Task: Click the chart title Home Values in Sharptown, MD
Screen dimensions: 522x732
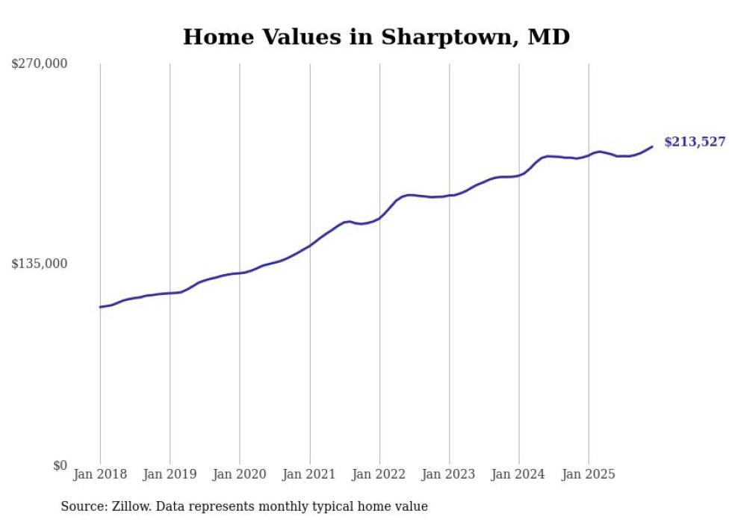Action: tap(376, 37)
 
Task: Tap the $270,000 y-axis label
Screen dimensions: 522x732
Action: tap(40, 64)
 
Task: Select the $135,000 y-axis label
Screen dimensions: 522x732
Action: tap(40, 264)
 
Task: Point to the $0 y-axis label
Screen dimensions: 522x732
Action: tap(60, 465)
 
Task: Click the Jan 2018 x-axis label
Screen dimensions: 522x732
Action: tap(100, 474)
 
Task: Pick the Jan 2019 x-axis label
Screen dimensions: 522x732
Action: tap(170, 474)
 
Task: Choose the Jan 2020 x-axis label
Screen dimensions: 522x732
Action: tap(240, 474)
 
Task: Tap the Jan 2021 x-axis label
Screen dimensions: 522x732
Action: tap(309, 474)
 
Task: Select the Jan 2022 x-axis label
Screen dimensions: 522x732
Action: tap(379, 474)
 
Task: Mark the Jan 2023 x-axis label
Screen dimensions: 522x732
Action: tap(449, 474)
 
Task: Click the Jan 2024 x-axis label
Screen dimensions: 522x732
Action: tap(519, 474)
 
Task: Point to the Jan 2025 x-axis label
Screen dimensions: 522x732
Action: tap(589, 474)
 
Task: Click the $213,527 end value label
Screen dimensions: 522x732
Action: tap(694, 142)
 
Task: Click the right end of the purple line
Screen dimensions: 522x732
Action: tap(653, 146)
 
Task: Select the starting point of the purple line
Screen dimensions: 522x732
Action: tap(100, 307)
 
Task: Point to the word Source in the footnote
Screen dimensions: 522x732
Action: tap(82, 506)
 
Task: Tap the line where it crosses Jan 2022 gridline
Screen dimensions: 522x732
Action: tap(379, 218)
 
